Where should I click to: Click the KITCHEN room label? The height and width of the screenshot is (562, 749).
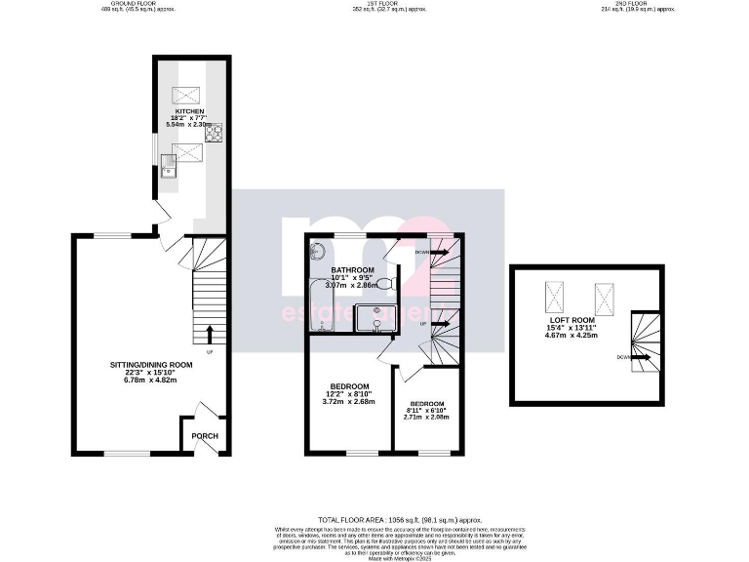(190, 111)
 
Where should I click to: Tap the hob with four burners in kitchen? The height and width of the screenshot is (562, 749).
(212, 132)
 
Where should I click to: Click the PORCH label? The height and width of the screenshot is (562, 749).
(204, 436)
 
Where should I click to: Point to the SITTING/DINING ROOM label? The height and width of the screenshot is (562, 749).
(151, 365)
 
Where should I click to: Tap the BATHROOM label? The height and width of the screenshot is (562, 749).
(352, 269)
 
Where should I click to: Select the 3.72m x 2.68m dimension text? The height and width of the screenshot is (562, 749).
(348, 401)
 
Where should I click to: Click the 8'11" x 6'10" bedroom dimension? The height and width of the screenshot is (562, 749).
(426, 410)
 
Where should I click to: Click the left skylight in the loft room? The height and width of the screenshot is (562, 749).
(556, 292)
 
